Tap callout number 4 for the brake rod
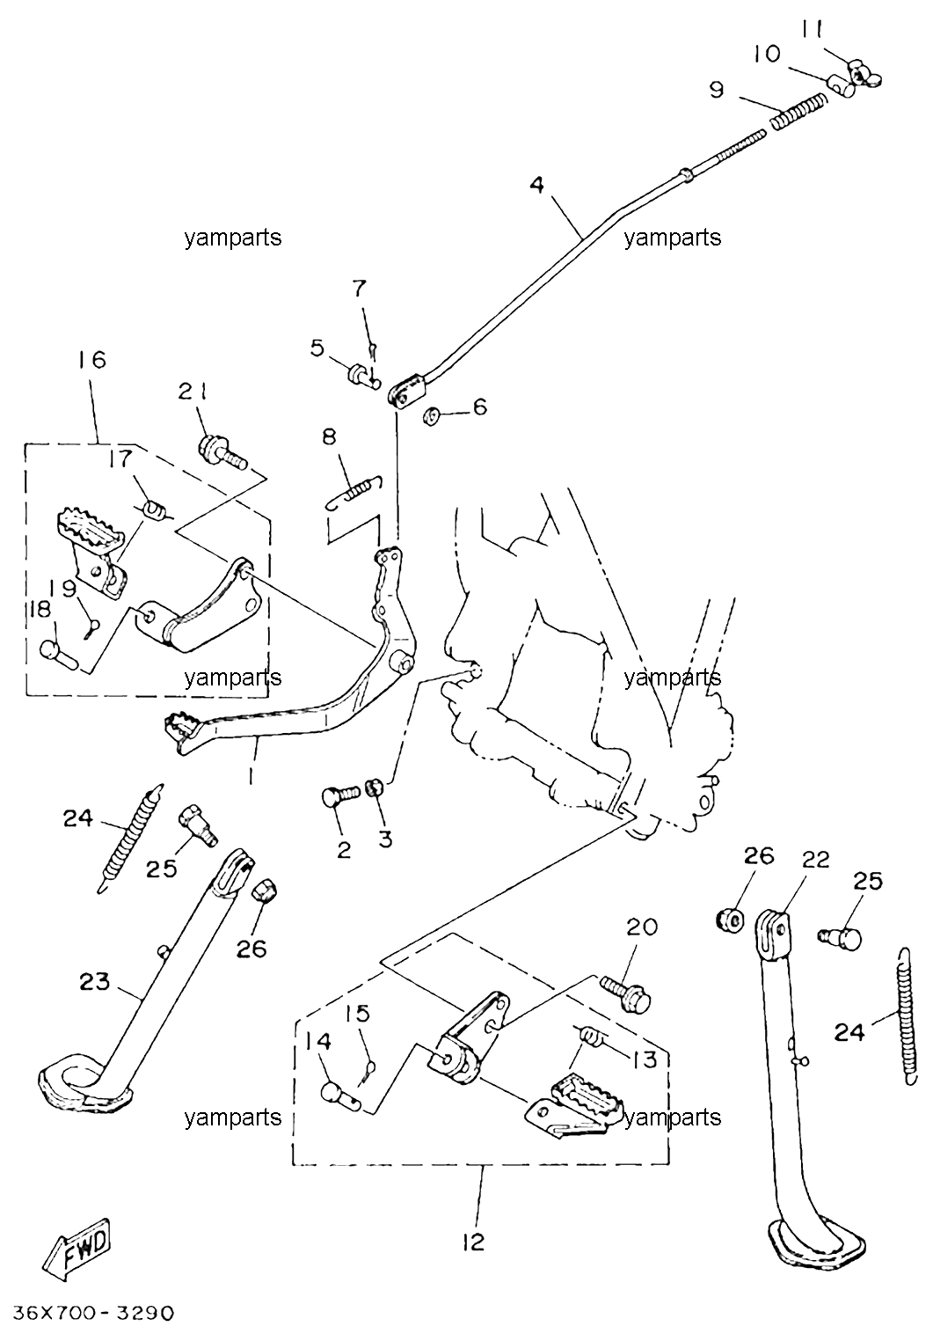(x=536, y=185)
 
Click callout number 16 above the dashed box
(x=91, y=359)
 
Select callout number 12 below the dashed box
(x=473, y=1242)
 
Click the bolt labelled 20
(x=625, y=993)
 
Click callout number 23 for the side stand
(x=95, y=981)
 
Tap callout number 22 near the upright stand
(x=816, y=861)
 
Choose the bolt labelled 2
(x=340, y=796)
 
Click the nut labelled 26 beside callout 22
(x=730, y=919)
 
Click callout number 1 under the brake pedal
(x=251, y=777)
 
